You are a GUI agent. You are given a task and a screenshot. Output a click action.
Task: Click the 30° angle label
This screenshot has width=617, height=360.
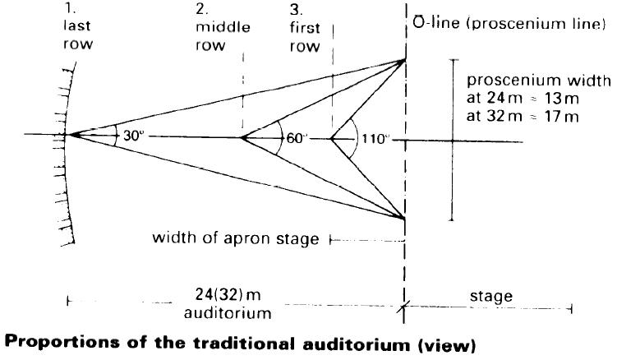(133, 136)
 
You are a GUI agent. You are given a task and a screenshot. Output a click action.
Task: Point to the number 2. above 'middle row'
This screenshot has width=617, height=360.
(202, 11)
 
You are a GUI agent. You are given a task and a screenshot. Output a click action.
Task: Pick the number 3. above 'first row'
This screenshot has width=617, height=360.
(294, 11)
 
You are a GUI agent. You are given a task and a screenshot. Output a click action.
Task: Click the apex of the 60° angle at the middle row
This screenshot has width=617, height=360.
(242, 137)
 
